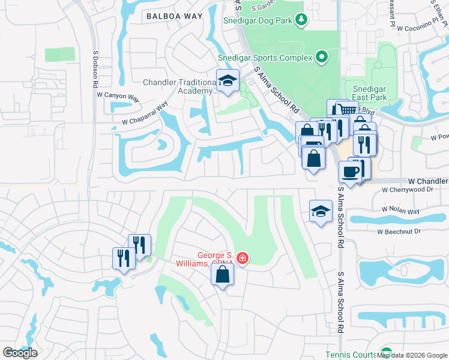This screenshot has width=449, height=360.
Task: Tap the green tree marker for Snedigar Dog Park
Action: tap(302, 20)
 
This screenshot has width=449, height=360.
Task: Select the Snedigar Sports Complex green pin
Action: tap(322, 58)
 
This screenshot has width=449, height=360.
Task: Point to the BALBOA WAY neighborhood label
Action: tap(174, 17)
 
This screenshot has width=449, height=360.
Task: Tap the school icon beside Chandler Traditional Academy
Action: tap(228, 81)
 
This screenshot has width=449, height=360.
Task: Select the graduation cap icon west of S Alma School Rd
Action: tap(321, 211)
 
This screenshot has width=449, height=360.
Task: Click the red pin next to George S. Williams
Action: tap(242, 259)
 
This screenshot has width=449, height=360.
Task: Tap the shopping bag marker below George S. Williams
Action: tap(222, 275)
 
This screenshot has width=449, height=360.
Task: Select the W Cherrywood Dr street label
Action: tap(408, 190)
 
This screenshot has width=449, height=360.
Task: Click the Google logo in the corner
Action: tap(20, 353)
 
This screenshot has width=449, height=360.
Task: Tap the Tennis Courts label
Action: tap(351, 355)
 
